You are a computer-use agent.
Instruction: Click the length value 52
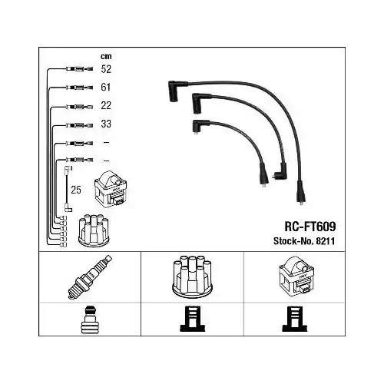point(106,69)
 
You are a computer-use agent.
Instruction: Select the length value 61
point(106,88)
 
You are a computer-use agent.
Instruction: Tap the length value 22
point(106,105)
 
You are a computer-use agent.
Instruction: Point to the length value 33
point(106,124)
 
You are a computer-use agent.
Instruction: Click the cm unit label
point(106,56)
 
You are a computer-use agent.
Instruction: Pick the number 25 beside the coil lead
point(76,190)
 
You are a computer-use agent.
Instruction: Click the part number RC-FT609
point(310,227)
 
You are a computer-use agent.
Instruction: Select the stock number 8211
point(326,241)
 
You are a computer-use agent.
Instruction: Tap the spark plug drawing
point(90,277)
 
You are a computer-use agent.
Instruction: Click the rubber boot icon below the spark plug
point(90,319)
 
